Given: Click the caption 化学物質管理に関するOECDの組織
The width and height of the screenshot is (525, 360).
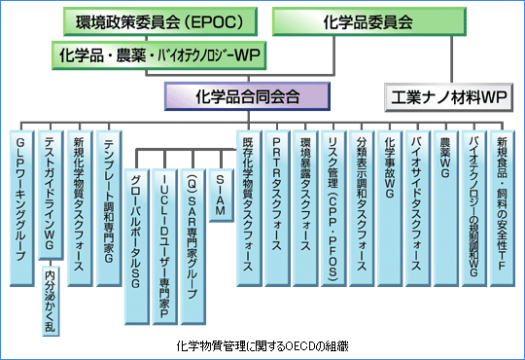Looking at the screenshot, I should click(262, 344).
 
